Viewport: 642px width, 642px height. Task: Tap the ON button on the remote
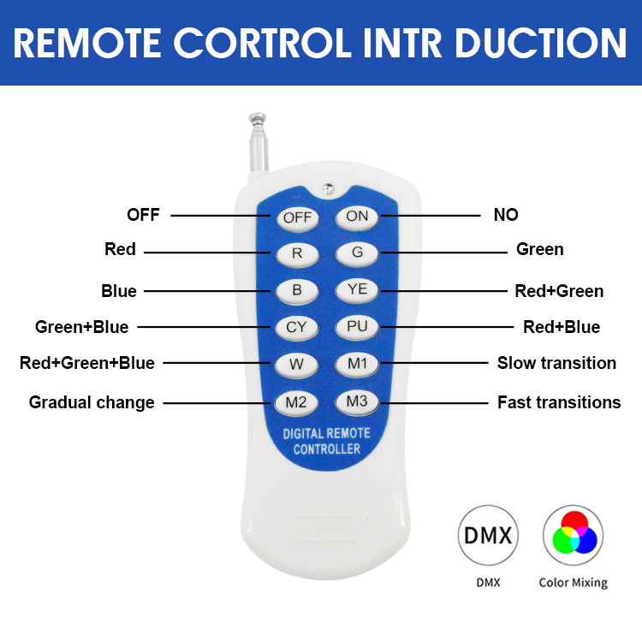pyautogui.click(x=357, y=217)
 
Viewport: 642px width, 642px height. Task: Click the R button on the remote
pyautogui.click(x=297, y=254)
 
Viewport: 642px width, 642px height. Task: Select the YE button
pyautogui.click(x=357, y=290)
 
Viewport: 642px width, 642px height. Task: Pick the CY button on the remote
pyautogui.click(x=296, y=328)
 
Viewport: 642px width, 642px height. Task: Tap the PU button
pyautogui.click(x=357, y=327)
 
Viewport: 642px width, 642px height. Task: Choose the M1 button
pyautogui.click(x=357, y=364)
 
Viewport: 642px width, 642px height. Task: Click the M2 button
pyautogui.click(x=296, y=403)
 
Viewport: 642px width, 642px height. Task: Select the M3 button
pyautogui.click(x=357, y=402)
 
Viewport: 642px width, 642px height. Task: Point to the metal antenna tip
pyautogui.click(x=258, y=119)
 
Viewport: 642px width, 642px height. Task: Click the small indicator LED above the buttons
pyautogui.click(x=328, y=189)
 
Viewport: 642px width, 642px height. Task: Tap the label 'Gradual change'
pyautogui.click(x=92, y=403)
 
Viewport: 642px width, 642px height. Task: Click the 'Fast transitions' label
pyautogui.click(x=559, y=402)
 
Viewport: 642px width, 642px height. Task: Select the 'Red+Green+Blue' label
pyautogui.click(x=87, y=363)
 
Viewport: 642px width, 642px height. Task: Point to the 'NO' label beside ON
pyautogui.click(x=506, y=215)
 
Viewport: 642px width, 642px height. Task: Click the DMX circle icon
pyautogui.click(x=488, y=535)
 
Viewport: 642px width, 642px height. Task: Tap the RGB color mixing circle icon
pyautogui.click(x=574, y=535)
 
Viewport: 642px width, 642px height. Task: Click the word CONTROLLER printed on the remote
pyautogui.click(x=327, y=449)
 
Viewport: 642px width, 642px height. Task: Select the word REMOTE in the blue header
pyautogui.click(x=87, y=43)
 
